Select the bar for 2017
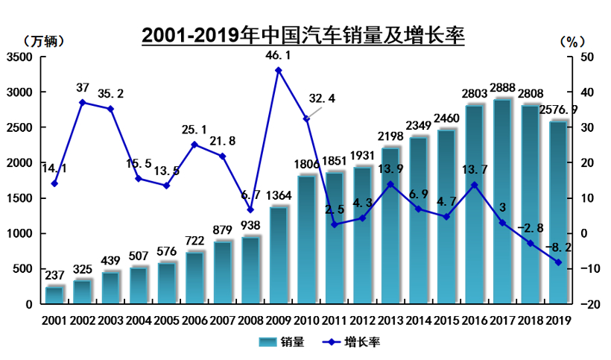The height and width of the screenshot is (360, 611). point(501,201)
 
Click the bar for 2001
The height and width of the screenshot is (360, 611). point(54,295)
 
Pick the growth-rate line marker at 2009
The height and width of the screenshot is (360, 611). point(278,71)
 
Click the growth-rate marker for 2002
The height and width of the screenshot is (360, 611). point(82,103)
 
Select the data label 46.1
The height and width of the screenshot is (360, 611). point(278,55)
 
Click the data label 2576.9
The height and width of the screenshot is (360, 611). point(560,110)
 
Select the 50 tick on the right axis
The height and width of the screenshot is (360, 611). point(586,57)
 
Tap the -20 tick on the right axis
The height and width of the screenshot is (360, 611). point(586,304)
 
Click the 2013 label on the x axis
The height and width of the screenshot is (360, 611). point(390,320)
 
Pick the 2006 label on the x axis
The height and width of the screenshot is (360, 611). point(194,320)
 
